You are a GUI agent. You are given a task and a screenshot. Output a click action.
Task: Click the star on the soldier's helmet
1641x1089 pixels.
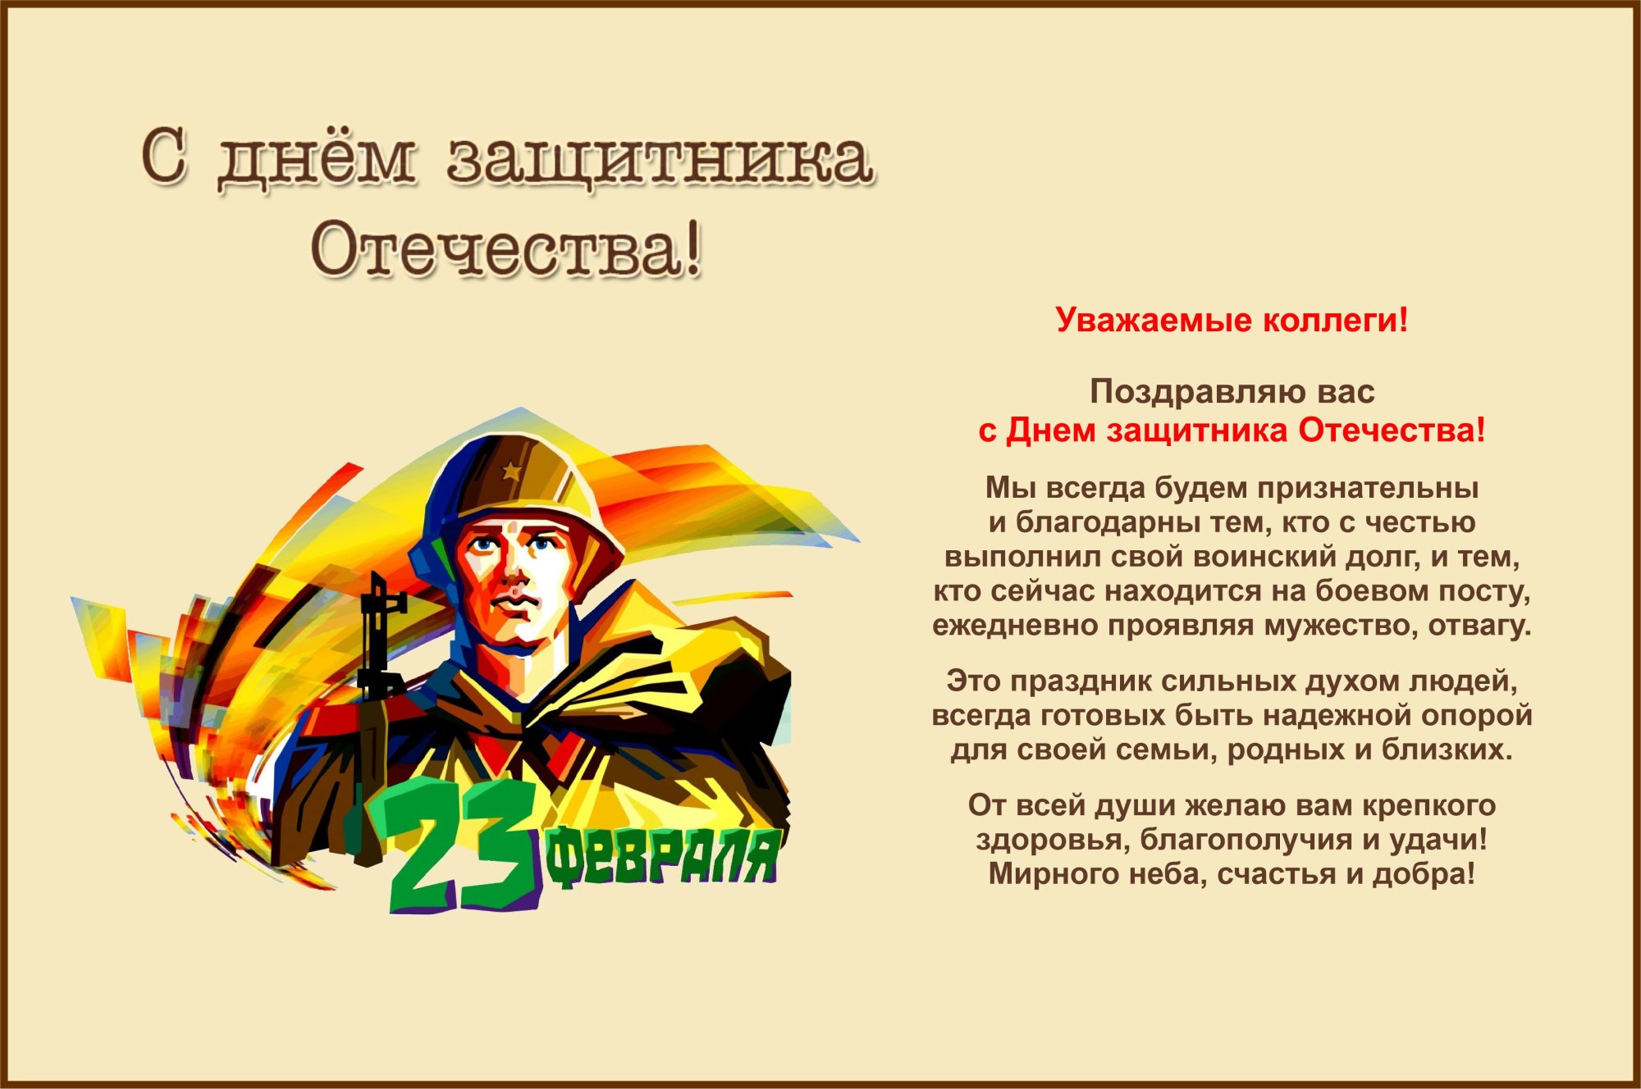coord(510,471)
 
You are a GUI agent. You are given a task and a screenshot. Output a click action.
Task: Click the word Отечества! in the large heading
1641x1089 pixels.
coord(506,248)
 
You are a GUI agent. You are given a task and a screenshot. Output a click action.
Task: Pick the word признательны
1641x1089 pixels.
coord(1368,489)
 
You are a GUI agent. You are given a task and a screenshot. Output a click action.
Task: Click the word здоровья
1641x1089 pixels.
coord(1054,841)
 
